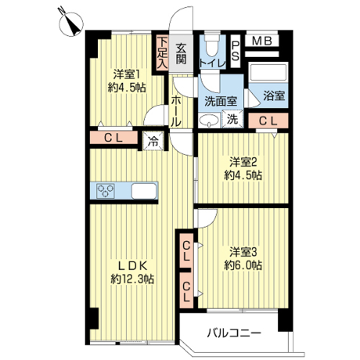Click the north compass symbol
point(71,24)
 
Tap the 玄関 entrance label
point(181,54)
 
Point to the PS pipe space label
point(235,51)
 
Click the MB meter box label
point(262,41)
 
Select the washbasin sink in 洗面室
point(210,120)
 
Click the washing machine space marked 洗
point(233,119)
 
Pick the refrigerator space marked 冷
point(153,141)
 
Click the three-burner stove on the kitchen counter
point(105,191)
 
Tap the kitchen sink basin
point(144,191)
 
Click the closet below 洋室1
point(114,138)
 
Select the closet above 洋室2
point(268,121)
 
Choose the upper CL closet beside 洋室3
point(186,251)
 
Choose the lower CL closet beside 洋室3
point(186,290)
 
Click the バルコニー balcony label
point(234,333)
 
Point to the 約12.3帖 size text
point(132,279)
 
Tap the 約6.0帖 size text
point(243,266)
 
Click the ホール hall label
point(176,111)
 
